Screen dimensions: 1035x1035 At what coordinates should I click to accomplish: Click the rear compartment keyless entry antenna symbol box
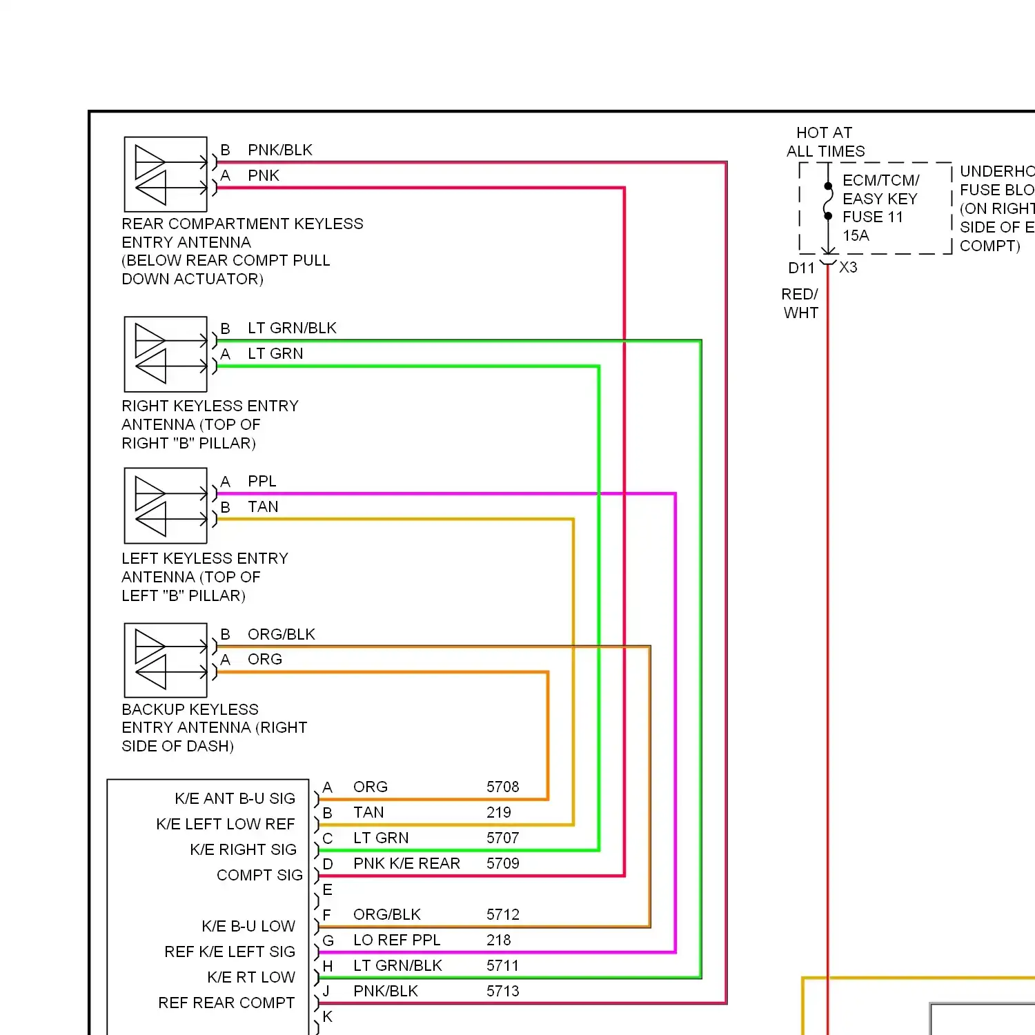pos(166,174)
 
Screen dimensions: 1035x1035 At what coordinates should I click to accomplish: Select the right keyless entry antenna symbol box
pos(166,354)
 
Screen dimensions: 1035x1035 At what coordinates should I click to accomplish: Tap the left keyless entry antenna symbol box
pos(166,506)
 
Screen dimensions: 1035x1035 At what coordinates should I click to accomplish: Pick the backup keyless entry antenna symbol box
pos(166,660)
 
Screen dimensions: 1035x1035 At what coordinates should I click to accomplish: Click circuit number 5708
pos(502,787)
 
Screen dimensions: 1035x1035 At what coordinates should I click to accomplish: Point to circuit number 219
pos(498,813)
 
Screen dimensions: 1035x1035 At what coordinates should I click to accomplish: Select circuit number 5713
pos(502,992)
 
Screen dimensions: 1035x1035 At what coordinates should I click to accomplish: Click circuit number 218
pos(498,940)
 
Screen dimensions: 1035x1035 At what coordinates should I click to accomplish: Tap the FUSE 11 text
pos(872,217)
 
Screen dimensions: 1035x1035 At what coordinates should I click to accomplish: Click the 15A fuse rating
pos(856,236)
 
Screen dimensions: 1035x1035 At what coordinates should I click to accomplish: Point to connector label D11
pos(801,268)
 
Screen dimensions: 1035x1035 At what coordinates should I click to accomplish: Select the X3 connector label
pos(848,268)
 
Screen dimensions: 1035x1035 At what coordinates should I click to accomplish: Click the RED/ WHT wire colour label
pos(800,304)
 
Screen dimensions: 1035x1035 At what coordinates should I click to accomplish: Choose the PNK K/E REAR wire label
pos(406,864)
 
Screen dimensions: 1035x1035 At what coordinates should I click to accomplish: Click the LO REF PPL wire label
pos(397,940)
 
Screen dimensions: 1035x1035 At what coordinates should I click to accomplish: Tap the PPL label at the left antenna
pos(262,481)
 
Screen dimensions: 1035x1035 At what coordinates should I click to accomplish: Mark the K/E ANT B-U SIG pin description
pos(235,799)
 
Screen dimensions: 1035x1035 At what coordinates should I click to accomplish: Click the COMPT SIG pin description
pos(259,876)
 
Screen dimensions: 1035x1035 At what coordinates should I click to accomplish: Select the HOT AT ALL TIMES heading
pos(825,142)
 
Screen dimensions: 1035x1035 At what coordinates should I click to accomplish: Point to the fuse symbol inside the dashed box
pos(828,201)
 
